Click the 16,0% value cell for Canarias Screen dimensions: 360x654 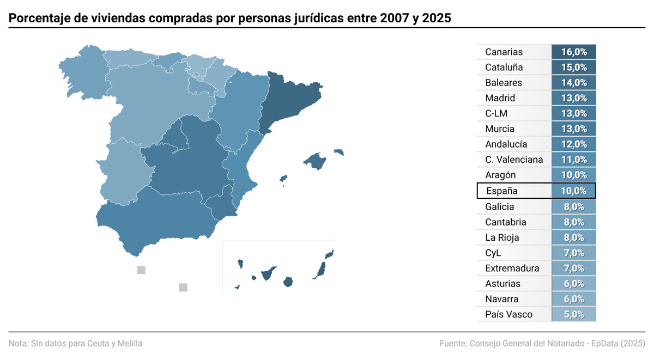pos(574,52)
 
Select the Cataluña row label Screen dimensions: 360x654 pos(504,68)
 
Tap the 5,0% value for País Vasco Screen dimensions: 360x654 pos(574,314)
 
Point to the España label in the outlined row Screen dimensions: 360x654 pos(501,191)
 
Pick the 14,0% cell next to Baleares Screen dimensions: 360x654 pos(574,83)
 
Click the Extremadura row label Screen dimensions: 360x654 pos(512,268)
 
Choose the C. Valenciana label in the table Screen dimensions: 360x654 pos(514,160)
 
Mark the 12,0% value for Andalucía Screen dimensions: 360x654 pos(574,144)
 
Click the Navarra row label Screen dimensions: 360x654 pos(502,299)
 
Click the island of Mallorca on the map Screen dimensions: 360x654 pos(314,161)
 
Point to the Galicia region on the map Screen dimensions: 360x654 pos(82,76)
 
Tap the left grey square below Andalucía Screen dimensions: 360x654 pos(141,270)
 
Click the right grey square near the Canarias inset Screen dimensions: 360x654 pos(183,288)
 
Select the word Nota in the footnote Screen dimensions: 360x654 pos(18,344)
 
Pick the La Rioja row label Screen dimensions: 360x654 pos(502,237)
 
